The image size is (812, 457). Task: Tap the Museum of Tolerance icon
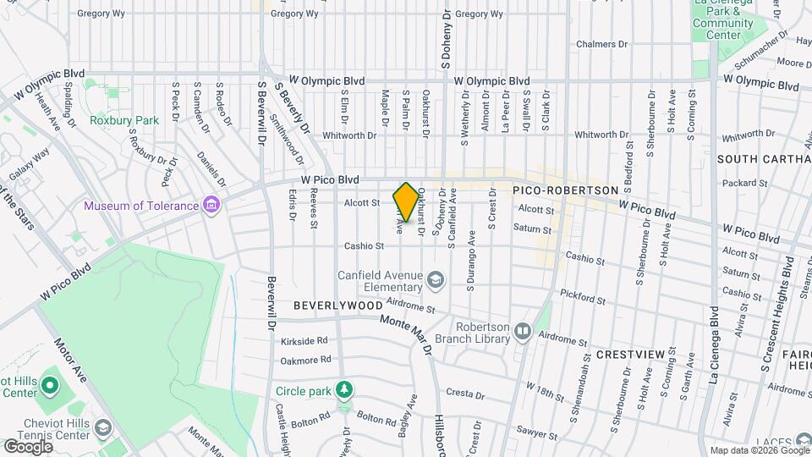point(211,206)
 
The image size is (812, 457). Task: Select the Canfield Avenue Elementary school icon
point(436,279)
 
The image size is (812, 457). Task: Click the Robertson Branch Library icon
point(522,333)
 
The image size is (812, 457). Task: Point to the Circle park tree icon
point(343,390)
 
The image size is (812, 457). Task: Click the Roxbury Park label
point(124,120)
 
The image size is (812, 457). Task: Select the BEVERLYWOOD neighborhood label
point(338,305)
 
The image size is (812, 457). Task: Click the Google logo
point(28,446)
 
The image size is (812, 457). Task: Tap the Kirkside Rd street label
point(304,340)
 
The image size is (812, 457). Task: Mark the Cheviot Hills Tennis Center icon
point(104,427)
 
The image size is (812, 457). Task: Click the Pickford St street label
point(584,299)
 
